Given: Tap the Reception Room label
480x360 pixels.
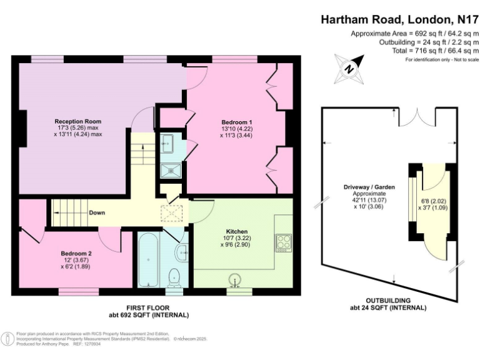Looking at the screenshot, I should point(77,121).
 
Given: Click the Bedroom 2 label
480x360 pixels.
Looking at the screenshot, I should point(76,254).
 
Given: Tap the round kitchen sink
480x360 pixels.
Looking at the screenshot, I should point(235,279).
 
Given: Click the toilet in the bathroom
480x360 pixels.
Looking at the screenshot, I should point(176,276).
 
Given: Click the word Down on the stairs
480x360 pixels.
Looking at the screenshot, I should point(97,213).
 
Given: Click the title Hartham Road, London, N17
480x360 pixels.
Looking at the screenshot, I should point(400,19).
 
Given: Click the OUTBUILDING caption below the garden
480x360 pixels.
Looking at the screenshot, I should point(389,301).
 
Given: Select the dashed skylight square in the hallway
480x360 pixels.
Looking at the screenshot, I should point(169,213).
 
